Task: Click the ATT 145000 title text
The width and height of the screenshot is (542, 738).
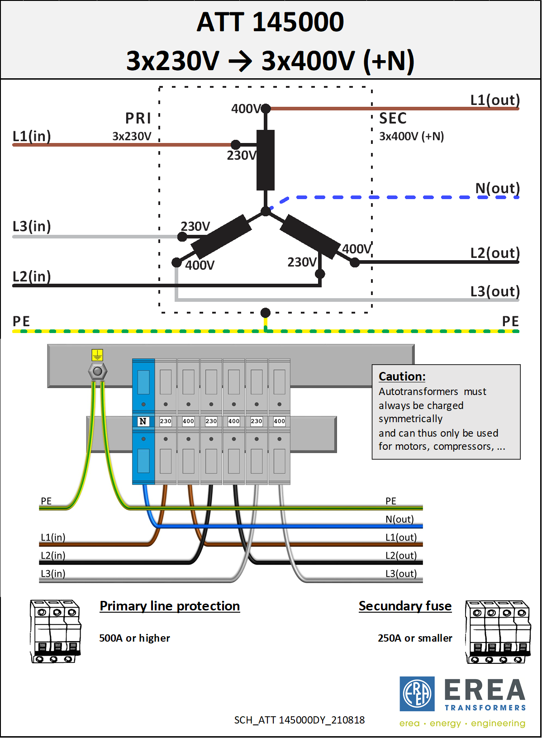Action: (270, 22)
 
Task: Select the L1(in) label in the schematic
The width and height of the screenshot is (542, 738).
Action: (32, 136)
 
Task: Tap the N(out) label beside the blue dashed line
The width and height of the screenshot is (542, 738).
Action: (498, 188)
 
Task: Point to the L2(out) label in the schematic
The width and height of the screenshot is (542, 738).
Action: (495, 253)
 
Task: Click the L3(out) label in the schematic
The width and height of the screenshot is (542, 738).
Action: (495, 291)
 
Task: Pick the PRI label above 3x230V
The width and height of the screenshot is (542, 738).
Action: (138, 118)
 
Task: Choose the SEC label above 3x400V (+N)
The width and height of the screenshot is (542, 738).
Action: (393, 118)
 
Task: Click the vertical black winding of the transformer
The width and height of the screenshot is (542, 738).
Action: (266, 160)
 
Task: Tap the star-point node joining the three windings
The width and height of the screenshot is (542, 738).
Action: (266, 211)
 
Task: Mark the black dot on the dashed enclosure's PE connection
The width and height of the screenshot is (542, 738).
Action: (266, 313)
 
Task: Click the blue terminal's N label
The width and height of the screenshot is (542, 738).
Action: (143, 421)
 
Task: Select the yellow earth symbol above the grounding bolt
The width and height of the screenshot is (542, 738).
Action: (97, 355)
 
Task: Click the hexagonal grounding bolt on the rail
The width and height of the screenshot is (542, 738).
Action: (98, 371)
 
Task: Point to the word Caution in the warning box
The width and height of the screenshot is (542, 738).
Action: (402, 376)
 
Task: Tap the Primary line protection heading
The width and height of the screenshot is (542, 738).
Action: (170, 606)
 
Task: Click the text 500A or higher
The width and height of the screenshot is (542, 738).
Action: (134, 638)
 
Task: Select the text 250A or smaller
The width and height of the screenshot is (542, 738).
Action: (415, 638)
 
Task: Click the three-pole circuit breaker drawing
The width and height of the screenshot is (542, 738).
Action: (55, 631)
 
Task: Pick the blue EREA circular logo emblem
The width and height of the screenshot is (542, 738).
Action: (417, 694)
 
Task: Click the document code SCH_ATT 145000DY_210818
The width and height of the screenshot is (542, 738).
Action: (300, 720)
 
